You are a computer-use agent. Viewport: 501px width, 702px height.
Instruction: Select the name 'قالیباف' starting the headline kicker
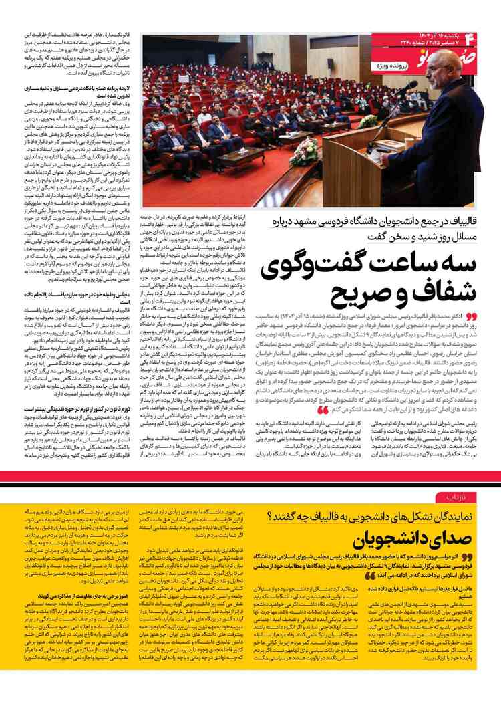point(461,220)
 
